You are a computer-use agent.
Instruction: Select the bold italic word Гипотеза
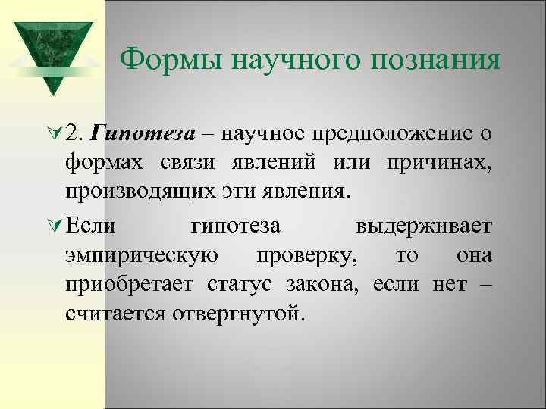click(x=143, y=133)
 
